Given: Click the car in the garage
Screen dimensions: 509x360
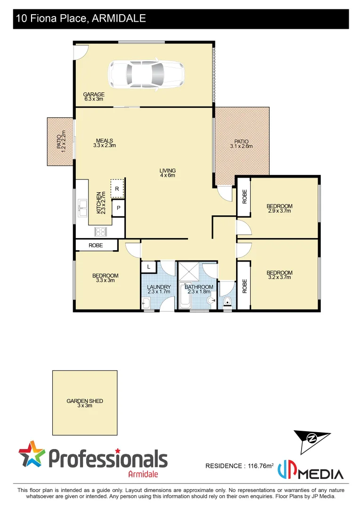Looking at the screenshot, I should pyautogui.click(x=146, y=74).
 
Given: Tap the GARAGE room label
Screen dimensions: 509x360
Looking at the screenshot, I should pyautogui.click(x=94, y=97).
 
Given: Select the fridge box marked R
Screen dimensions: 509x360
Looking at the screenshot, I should pyautogui.click(x=117, y=189).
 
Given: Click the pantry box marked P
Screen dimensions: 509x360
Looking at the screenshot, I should pyautogui.click(x=118, y=208).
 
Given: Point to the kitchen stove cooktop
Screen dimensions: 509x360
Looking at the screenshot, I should pyautogui.click(x=101, y=231).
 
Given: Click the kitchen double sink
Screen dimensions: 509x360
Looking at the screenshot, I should pyautogui.click(x=83, y=208).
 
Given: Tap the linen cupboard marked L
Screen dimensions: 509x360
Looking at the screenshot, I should pyautogui.click(x=149, y=267).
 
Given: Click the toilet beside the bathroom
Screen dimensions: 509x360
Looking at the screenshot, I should pyautogui.click(x=228, y=301).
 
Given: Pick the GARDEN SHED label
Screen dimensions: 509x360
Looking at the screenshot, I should pyautogui.click(x=85, y=403).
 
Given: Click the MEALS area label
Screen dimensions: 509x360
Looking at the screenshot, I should pyautogui.click(x=104, y=143).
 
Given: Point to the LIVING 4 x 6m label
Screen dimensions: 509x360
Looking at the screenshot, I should pyautogui.click(x=167, y=173).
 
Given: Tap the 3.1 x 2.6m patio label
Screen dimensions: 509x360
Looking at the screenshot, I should pyautogui.click(x=241, y=144).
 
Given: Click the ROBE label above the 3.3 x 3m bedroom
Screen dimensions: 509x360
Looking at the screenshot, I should pyautogui.click(x=96, y=245).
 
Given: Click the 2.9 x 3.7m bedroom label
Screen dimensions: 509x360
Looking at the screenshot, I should pyautogui.click(x=279, y=208).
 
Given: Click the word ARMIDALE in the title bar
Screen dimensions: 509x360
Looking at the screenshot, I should pyautogui.click(x=119, y=18).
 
